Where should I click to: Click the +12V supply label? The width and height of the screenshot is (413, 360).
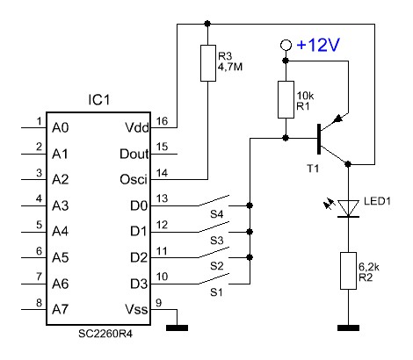coord(318,45)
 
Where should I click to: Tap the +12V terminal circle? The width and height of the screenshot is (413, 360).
coord(286,45)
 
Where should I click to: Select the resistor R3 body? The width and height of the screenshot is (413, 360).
coord(208,63)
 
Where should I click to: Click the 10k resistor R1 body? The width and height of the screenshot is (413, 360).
coord(286,99)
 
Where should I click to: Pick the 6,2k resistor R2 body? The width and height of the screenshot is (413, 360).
coord(348,270)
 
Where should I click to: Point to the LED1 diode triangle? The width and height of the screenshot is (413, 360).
coord(348,208)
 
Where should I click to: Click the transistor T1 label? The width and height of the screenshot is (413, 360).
coord(313,169)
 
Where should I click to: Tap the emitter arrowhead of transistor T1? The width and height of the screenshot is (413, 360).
coord(338,119)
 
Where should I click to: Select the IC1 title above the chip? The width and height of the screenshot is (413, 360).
coord(99,100)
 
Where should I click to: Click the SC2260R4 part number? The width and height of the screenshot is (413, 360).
coord(105,334)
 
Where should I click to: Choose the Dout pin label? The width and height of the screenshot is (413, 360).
coord(134,154)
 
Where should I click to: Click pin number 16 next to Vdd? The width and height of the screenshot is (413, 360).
coord(163,120)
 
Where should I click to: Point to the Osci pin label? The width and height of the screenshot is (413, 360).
coord(134,179)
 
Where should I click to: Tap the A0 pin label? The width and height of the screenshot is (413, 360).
coord(61,128)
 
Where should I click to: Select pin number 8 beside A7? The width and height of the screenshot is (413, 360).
coord(39,303)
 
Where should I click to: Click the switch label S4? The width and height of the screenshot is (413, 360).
coord(217,214)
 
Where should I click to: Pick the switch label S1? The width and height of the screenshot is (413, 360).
coord(216,292)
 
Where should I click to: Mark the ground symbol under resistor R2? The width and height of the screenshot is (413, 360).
coord(348,328)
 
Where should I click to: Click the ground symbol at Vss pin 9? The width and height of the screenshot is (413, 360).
coord(177,328)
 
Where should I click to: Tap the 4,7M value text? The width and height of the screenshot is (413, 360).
coord(230,68)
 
